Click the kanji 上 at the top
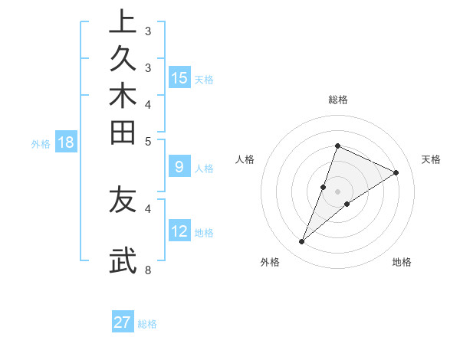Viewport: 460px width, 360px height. coord(122,21)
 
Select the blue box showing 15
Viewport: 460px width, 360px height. coord(179,77)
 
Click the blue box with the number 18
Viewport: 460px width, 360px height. coord(66,142)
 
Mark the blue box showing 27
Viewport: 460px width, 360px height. coord(123,322)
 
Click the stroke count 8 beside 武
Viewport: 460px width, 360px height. coord(147,270)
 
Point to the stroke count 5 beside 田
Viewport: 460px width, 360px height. coord(147,141)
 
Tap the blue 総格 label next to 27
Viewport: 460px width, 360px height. coord(147,324)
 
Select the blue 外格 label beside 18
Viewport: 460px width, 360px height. coord(41,143)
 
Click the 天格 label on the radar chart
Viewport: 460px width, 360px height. coord(431,159)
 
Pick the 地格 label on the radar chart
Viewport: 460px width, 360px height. coord(402,262)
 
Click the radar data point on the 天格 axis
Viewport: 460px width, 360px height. coord(396,172)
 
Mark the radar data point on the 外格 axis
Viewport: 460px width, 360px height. coord(302,242)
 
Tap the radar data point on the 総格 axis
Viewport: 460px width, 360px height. coord(337,146)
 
